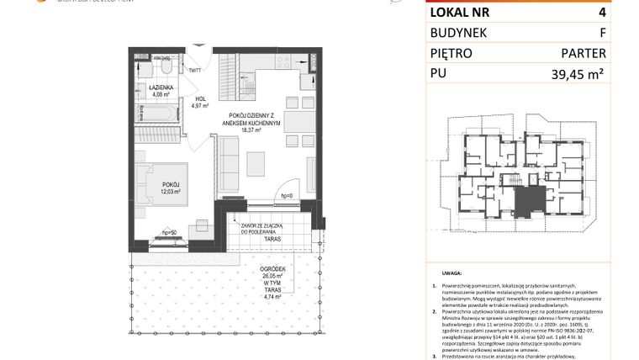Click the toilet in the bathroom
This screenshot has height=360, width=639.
(165, 66)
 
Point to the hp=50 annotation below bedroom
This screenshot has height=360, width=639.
(169, 231)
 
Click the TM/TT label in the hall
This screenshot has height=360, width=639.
(194, 71)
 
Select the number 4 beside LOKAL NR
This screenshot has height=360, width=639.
(601, 13)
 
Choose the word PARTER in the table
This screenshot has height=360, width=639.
(584, 53)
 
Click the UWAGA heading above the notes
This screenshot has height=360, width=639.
(449, 274)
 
